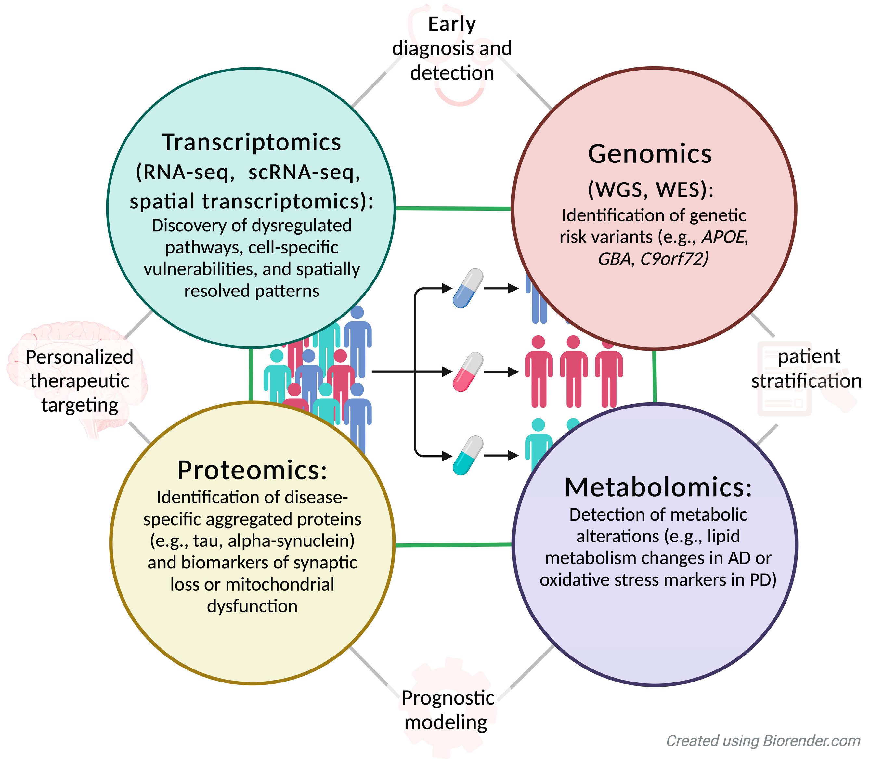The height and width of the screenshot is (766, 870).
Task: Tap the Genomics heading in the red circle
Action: coord(650,154)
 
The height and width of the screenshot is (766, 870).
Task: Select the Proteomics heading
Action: coord(252,470)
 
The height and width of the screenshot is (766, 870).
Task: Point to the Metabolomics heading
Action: coord(658,487)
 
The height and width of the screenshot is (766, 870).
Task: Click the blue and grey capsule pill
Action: coord(468,289)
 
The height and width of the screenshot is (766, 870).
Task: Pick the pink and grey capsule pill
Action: coord(468,372)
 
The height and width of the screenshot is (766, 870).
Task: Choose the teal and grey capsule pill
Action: coord(468,455)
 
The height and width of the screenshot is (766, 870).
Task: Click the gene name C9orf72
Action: coord(674,259)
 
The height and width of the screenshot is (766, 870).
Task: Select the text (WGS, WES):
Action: coord(650,190)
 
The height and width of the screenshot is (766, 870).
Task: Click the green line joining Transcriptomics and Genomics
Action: coord(453,208)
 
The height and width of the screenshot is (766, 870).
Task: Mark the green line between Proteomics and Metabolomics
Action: coord(453,545)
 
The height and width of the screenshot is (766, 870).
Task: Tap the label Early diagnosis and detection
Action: coord(452,48)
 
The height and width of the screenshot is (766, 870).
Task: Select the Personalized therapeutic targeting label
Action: coord(79,381)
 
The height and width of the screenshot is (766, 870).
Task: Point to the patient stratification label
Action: coord(807,369)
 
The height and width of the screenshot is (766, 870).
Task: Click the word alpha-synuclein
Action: coord(291,540)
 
